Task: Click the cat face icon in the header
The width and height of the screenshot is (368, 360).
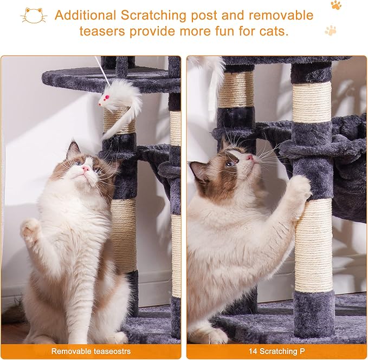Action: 34,15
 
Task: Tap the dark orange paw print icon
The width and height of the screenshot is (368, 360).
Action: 336,5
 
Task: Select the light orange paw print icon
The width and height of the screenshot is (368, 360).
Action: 331,30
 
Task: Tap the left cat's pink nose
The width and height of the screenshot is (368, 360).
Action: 86,168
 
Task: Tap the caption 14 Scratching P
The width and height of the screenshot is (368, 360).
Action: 276,351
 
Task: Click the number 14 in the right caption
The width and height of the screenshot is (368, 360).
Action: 253,351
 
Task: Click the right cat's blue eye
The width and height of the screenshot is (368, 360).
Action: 230,162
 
